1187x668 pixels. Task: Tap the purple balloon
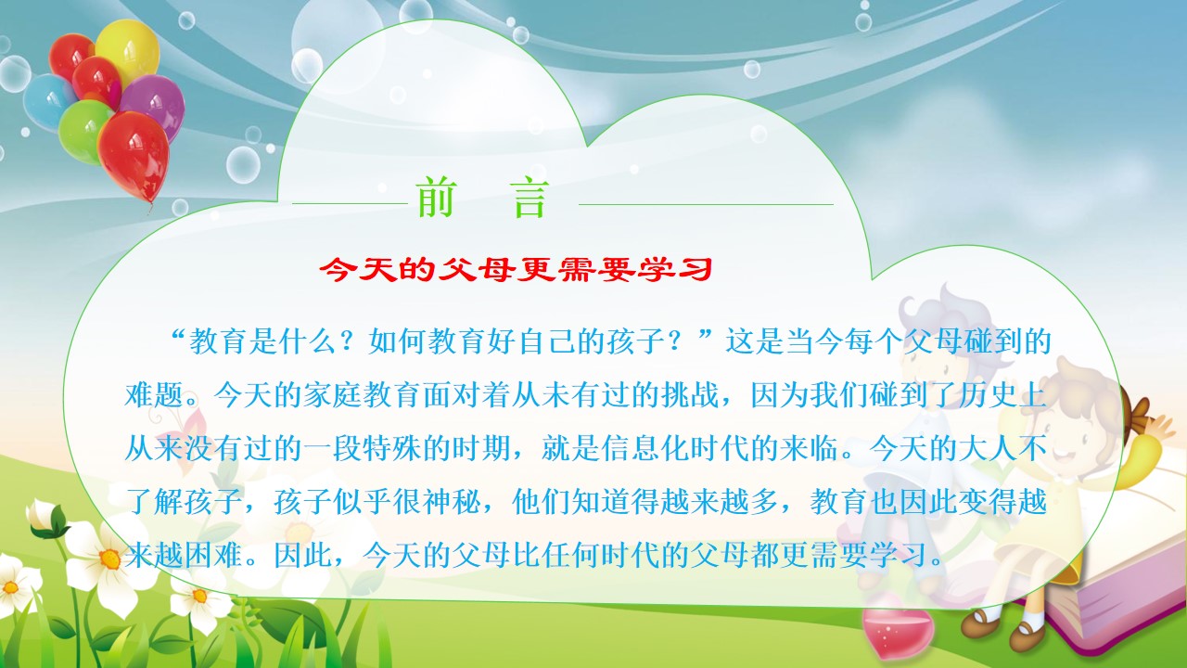pyautogui.click(x=155, y=103)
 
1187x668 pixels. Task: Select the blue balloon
pyautogui.click(x=46, y=102)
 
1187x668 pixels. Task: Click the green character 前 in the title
pyautogui.click(x=436, y=198)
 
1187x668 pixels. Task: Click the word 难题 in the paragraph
pyautogui.click(x=155, y=394)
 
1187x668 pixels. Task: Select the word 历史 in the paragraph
pyautogui.click(x=988, y=394)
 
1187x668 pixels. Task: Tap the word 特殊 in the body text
pyautogui.click(x=392, y=448)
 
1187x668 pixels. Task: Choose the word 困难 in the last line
pyautogui.click(x=214, y=555)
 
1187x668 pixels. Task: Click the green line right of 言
pyautogui.click(x=706, y=204)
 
